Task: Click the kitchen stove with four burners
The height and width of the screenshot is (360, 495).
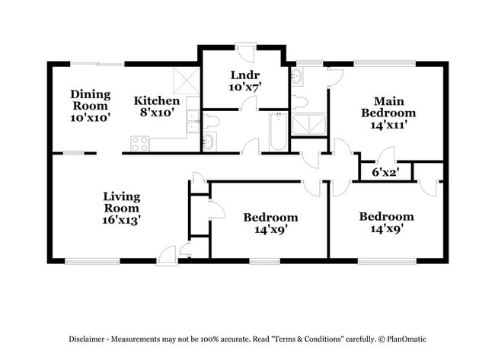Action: point(139,142)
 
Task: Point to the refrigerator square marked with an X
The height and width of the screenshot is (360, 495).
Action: point(186,80)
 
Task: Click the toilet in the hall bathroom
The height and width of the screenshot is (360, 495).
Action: point(210,120)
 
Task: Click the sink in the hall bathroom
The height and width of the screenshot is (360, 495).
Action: point(208,140)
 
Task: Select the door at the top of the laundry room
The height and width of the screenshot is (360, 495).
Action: point(245,53)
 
